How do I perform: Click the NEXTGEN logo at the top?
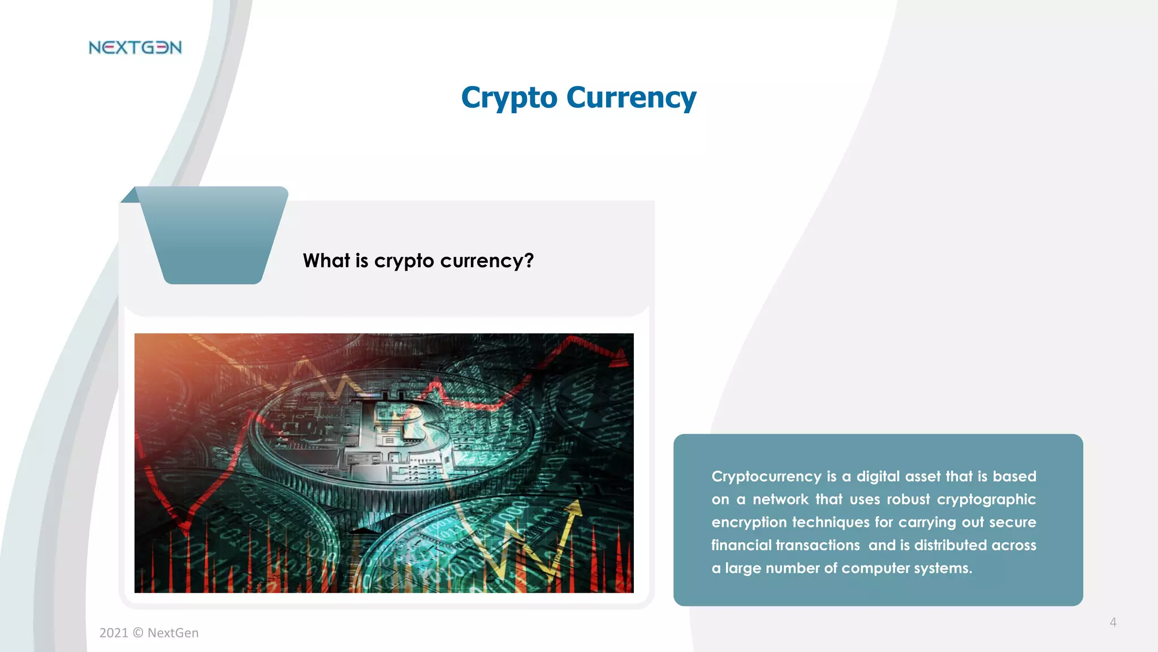click(135, 48)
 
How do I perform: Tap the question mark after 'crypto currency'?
click(529, 260)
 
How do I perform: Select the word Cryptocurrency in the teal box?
click(766, 477)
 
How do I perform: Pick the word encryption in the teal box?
click(748, 522)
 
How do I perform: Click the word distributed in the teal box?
click(950, 545)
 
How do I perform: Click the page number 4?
click(1113, 623)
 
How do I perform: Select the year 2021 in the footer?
click(114, 633)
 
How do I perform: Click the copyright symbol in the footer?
click(138, 633)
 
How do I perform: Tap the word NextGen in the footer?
click(173, 633)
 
